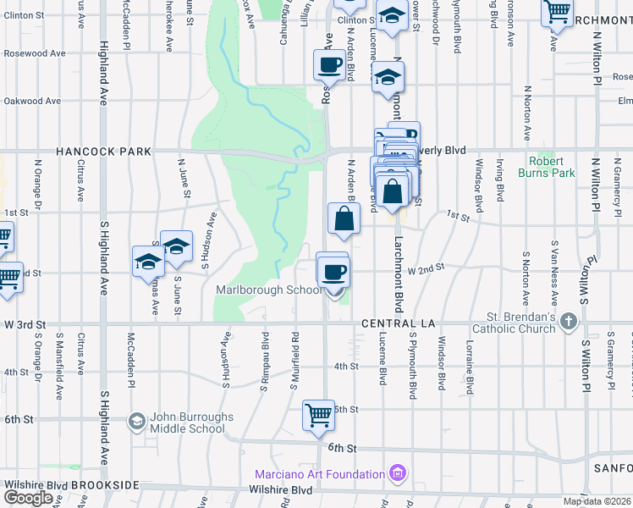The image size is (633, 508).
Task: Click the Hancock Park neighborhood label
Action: (103, 152)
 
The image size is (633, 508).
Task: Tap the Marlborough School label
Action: (268, 290)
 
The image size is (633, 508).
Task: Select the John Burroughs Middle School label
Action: (187, 423)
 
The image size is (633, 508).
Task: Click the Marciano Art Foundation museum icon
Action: (395, 472)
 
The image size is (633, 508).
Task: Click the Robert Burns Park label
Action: (552, 167)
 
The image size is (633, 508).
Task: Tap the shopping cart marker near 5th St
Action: (319, 415)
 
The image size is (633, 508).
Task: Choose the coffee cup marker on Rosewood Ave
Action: (329, 63)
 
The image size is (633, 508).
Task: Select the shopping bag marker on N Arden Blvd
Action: (344, 218)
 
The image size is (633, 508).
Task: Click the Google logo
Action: (28, 498)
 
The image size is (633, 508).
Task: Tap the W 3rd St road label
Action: (23, 325)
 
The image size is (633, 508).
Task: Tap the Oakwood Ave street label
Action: (31, 101)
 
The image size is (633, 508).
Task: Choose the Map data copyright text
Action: (597, 501)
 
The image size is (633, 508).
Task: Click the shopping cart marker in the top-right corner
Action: (557, 12)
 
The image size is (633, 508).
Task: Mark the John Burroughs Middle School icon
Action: (136, 421)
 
